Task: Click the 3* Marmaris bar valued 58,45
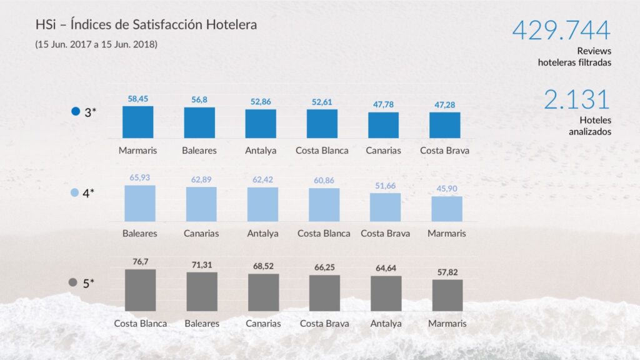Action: (137, 122)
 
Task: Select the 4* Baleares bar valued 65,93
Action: (140, 203)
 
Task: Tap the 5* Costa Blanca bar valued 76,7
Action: (140, 290)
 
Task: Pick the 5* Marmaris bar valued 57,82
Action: (447, 295)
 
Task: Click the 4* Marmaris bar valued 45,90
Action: (447, 209)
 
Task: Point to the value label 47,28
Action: (445, 104)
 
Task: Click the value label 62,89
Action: (201, 180)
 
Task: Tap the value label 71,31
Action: (201, 265)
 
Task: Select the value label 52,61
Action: (322, 102)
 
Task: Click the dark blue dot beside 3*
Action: (76, 112)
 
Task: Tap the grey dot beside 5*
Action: (73, 283)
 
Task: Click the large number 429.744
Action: (561, 31)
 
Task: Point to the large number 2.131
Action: (576, 100)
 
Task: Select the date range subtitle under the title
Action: (96, 44)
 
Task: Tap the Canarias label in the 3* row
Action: (383, 151)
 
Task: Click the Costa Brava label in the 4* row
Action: (385, 234)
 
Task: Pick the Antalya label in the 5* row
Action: (386, 324)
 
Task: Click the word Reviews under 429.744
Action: (594, 51)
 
